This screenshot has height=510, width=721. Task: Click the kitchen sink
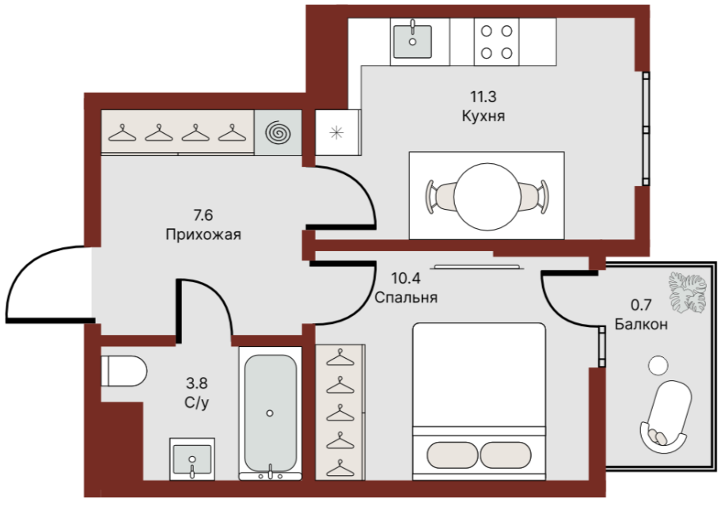point(412,41)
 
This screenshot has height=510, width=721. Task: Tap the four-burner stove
point(496,42)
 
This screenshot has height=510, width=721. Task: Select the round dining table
point(487,196)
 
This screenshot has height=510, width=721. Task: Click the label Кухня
point(484,116)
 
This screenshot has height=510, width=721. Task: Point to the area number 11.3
point(483,97)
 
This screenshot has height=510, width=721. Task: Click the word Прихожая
point(203,234)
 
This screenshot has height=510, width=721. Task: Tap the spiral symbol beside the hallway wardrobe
point(279,132)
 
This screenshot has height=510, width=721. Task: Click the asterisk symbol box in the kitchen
point(337,132)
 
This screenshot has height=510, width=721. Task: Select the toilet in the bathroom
point(123,371)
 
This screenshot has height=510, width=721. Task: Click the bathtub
point(270,413)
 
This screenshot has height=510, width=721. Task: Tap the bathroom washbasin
point(192,459)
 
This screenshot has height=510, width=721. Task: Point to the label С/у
point(196,403)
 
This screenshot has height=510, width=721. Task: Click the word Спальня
point(405,297)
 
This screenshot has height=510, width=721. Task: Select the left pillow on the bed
point(453,455)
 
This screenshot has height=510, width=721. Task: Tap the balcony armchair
point(666,417)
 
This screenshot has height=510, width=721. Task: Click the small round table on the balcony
point(658,365)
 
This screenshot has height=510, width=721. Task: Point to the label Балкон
point(641,325)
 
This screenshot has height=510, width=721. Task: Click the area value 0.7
point(641,305)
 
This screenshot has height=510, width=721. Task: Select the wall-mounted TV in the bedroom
point(478,267)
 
